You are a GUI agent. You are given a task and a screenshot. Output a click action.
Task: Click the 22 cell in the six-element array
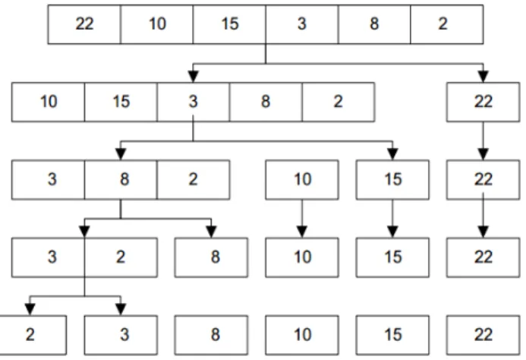(x=84, y=24)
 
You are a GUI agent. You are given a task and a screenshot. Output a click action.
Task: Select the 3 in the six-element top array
(x=302, y=24)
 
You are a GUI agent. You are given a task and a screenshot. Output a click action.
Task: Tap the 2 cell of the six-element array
(x=447, y=24)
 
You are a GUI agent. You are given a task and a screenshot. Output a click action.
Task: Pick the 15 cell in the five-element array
(x=121, y=102)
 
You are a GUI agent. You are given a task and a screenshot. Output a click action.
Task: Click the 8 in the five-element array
(x=266, y=102)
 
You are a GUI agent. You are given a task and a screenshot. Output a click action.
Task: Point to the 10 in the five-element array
(x=49, y=102)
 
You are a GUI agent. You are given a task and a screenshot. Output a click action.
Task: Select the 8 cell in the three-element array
(x=121, y=180)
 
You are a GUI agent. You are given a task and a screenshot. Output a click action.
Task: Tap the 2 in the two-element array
(x=121, y=257)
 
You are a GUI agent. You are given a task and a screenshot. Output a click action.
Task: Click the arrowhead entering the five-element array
(x=193, y=77)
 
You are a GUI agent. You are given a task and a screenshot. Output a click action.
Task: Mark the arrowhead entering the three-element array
(x=121, y=154)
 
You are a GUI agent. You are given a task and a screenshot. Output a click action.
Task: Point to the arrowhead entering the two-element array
(x=84, y=232)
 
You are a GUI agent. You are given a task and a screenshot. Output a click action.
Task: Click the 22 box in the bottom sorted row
(x=483, y=335)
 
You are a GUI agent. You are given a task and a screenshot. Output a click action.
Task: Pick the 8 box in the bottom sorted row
(x=211, y=335)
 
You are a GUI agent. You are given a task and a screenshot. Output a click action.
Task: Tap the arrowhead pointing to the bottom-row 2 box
(x=30, y=310)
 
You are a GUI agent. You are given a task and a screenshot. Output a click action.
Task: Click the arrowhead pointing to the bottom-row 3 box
(x=121, y=310)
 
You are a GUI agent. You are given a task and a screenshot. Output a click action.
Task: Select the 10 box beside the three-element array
(x=302, y=180)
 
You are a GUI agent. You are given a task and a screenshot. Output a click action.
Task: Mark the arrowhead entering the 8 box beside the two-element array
(x=211, y=232)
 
